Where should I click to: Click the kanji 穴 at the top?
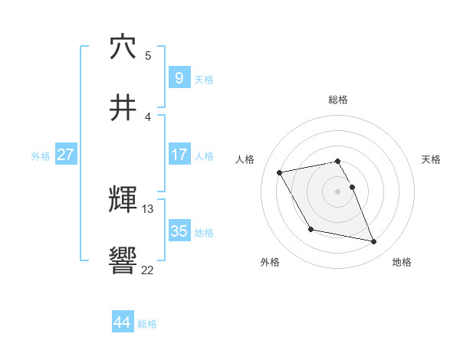(123, 47)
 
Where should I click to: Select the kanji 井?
(123, 109)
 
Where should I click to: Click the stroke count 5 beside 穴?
(148, 55)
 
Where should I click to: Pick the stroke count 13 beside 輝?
(148, 208)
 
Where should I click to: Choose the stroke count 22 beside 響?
(147, 270)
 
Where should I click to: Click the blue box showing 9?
(179, 78)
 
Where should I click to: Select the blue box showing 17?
(179, 155)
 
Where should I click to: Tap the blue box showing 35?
(179, 231)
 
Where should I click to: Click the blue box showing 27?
(65, 155)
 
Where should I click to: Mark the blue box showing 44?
(122, 322)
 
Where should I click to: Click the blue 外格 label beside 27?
(41, 155)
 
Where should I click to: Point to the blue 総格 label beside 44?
(147, 324)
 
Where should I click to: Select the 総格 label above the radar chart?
(338, 100)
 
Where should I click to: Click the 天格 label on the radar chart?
(432, 159)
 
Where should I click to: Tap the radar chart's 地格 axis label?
(402, 262)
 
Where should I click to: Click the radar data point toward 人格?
(280, 172)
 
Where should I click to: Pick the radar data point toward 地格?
(374, 242)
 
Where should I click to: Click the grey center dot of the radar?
(338, 191)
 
